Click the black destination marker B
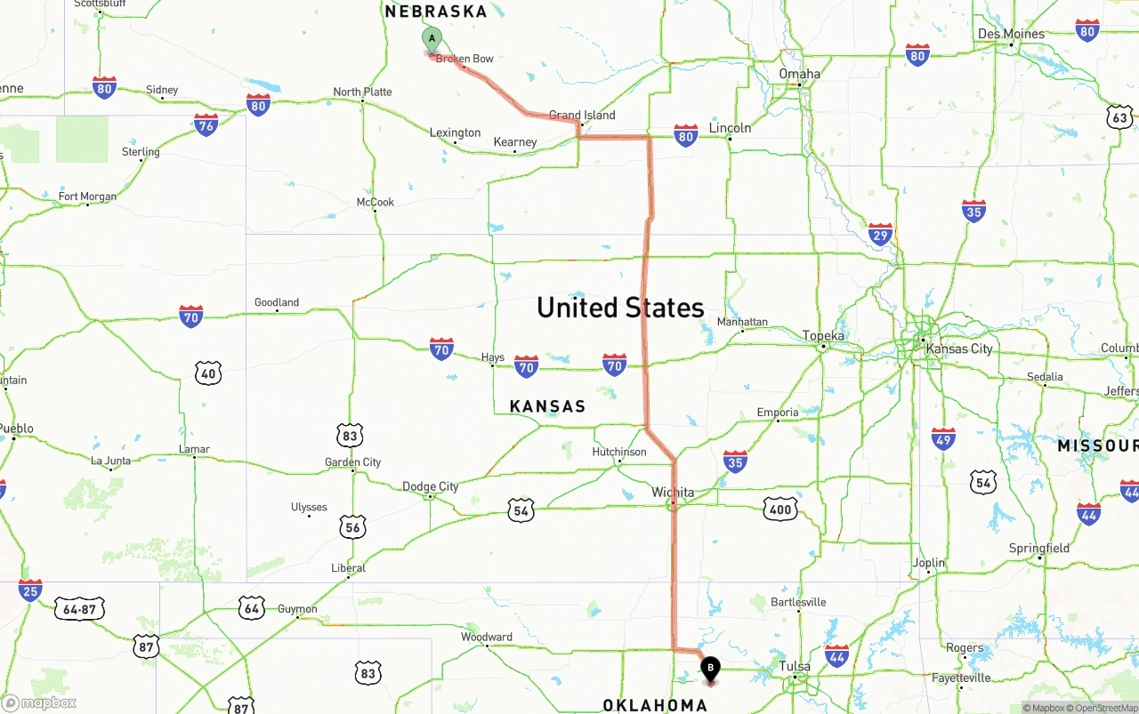[x=710, y=669]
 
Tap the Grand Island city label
[x=582, y=115]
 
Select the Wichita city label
[x=673, y=492]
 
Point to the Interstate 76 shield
[x=206, y=124]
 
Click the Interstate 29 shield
[x=880, y=235]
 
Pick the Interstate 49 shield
[x=943, y=438]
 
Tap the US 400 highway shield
[x=780, y=509]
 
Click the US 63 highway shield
[x=1119, y=117]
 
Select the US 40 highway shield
[x=208, y=373]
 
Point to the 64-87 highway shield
[x=80, y=609]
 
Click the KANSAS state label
[x=547, y=406]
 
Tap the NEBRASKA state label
[x=436, y=12]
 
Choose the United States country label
[x=620, y=308]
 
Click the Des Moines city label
[x=1011, y=34]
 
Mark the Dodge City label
[x=431, y=486]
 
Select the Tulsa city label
[x=795, y=666]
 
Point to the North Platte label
[x=362, y=92]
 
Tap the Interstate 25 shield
[x=30, y=590]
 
